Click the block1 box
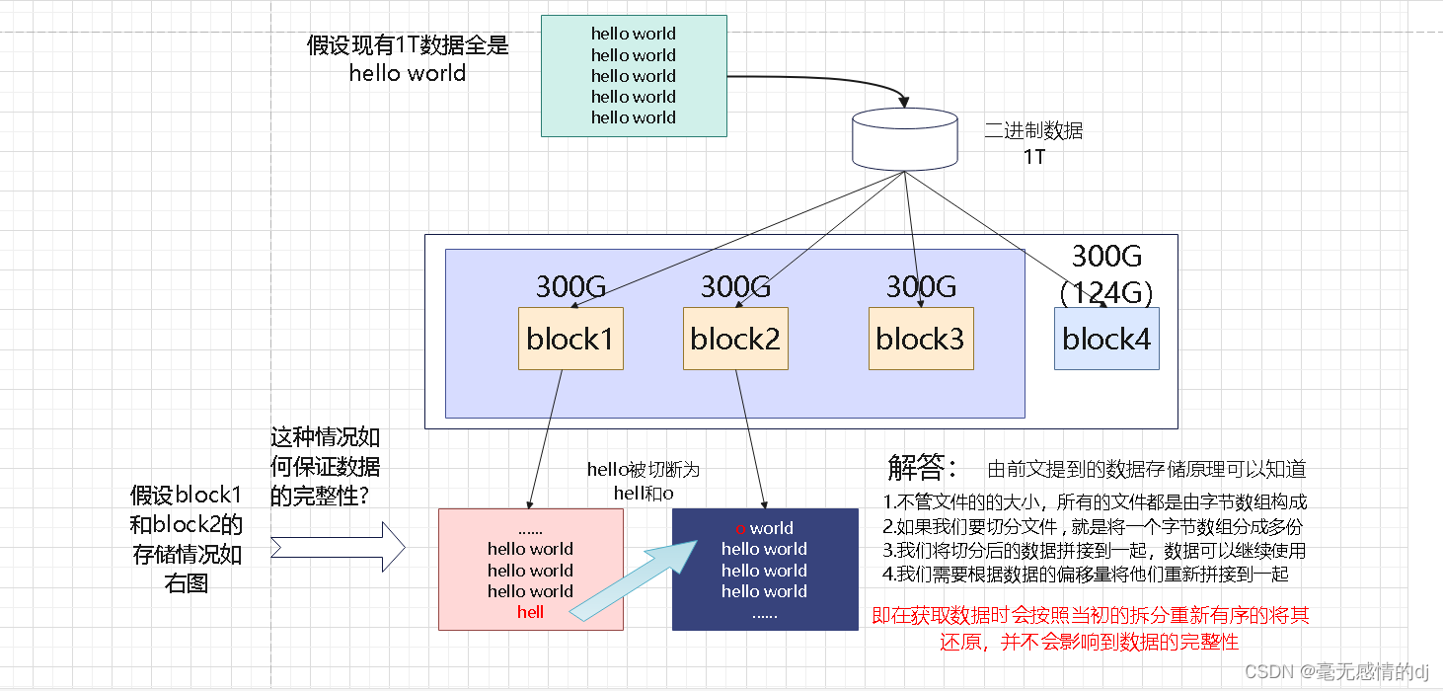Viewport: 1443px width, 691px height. pyautogui.click(x=570, y=339)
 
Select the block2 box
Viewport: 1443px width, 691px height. pyautogui.click(x=735, y=339)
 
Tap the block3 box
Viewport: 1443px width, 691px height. pyautogui.click(x=920, y=339)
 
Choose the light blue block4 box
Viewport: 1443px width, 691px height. pyautogui.click(x=1106, y=339)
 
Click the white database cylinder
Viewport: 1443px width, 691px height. pyautogui.click(x=904, y=138)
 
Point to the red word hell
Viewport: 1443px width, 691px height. pyautogui.click(x=530, y=613)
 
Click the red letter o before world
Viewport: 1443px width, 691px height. pyautogui.click(x=740, y=529)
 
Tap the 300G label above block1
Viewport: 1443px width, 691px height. pyautogui.click(x=570, y=287)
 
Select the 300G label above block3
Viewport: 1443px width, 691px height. pyautogui.click(x=921, y=287)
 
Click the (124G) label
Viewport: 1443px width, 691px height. pyautogui.click(x=1106, y=292)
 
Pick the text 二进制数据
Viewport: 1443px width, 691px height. pyautogui.click(x=1033, y=131)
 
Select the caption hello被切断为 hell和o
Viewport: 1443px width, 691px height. pyautogui.click(x=643, y=481)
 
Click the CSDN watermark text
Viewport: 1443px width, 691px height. pyautogui.click(x=1336, y=672)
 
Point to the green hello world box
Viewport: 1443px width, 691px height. pyautogui.click(x=634, y=76)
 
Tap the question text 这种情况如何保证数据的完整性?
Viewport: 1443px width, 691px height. pyautogui.click(x=325, y=467)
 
